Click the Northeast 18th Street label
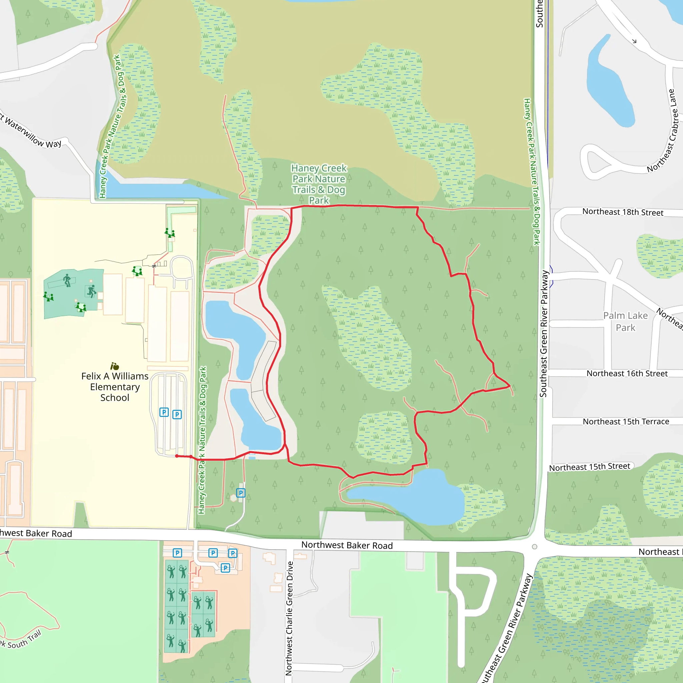click(623, 212)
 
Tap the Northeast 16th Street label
click(627, 374)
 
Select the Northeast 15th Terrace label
click(626, 422)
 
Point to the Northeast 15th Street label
click(589, 467)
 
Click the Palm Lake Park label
click(625, 321)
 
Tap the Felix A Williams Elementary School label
click(115, 387)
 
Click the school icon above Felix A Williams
click(114, 366)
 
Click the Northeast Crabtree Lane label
click(663, 131)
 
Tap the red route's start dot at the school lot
click(177, 456)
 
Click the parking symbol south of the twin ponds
click(241, 493)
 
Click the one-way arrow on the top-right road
click(634, 41)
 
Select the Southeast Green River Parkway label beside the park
click(544, 334)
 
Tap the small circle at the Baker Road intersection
click(535, 547)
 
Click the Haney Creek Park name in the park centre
click(318, 184)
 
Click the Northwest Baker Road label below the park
click(347, 546)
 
